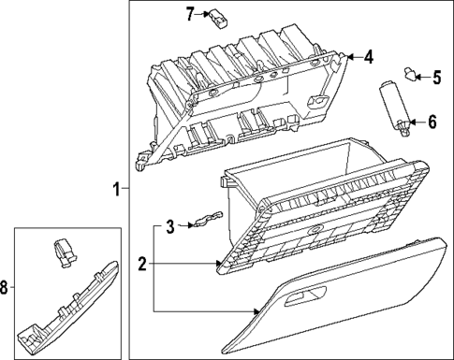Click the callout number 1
click(x=115, y=190)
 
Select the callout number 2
click(x=141, y=265)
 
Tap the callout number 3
click(x=169, y=225)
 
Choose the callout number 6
click(x=432, y=122)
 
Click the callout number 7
click(x=190, y=14)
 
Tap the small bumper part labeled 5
click(x=409, y=72)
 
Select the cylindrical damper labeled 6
click(x=393, y=104)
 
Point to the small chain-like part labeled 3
click(x=205, y=221)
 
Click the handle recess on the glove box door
click(x=304, y=298)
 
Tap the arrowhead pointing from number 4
click(x=350, y=58)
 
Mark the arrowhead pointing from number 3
click(x=184, y=225)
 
